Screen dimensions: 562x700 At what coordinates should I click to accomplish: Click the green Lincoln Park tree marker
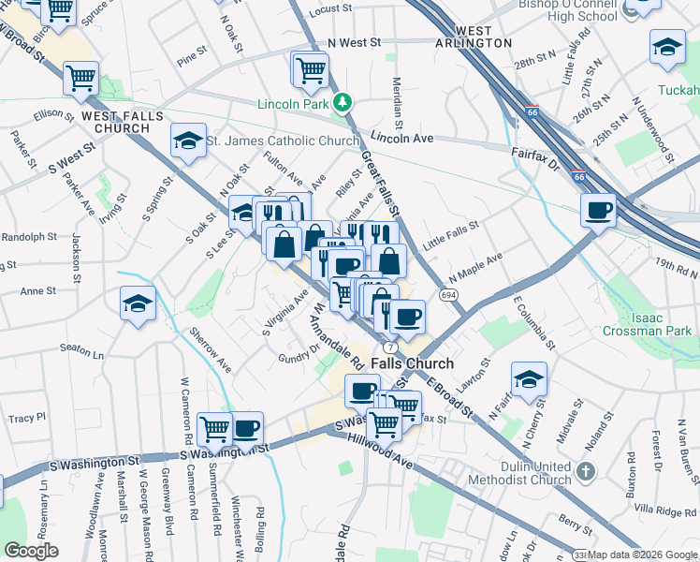(343, 101)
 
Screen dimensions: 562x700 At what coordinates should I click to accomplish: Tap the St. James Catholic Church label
(283, 141)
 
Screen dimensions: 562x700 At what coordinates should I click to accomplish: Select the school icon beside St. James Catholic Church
(187, 141)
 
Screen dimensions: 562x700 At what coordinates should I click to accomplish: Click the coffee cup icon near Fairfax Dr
(597, 211)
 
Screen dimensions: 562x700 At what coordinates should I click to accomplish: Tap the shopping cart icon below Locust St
(310, 68)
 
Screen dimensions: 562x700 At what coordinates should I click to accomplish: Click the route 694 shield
(449, 294)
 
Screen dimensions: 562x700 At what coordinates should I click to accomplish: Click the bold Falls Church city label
(412, 363)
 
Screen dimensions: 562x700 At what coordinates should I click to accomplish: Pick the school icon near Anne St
(138, 303)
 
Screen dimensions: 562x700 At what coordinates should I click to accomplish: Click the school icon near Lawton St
(529, 379)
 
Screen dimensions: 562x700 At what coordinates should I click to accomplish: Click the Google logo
(31, 551)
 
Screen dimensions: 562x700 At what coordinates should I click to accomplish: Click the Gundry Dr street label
(299, 354)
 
